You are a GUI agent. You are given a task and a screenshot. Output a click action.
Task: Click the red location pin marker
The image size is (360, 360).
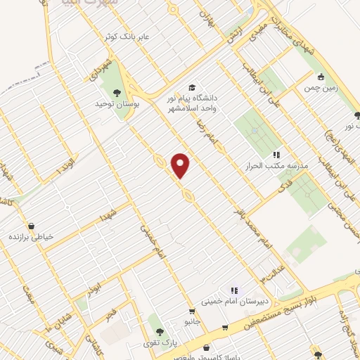[x=181, y=165]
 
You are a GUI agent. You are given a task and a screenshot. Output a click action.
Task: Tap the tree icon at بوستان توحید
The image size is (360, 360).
[x=116, y=91]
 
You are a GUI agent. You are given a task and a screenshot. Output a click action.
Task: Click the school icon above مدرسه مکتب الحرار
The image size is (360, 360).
[x=276, y=154]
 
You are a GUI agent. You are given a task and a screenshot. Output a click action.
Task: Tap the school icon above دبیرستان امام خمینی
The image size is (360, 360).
[x=234, y=290]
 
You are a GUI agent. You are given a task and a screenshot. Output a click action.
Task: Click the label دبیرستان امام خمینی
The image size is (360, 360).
[x=229, y=301]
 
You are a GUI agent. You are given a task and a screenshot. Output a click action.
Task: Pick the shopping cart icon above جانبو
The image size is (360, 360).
[x=191, y=311]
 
